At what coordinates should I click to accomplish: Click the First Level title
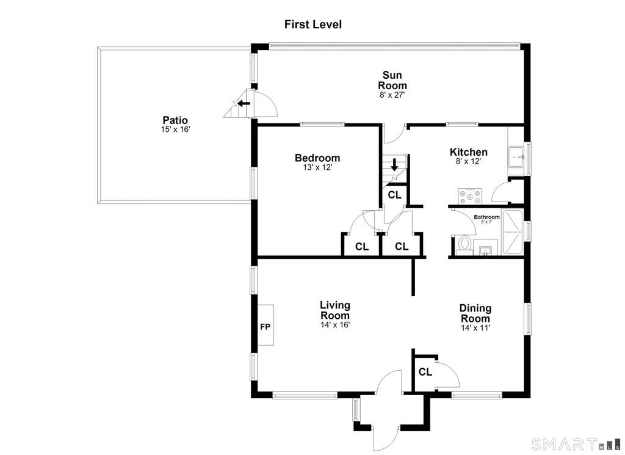[313, 24]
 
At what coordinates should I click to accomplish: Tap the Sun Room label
[392, 80]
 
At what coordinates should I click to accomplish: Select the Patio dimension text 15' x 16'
[175, 129]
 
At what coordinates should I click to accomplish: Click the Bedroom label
[317, 158]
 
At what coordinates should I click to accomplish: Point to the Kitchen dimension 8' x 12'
[468, 161]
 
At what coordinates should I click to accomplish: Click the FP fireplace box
[266, 325]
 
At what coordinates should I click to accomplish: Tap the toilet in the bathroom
[464, 246]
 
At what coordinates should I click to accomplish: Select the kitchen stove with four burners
[470, 196]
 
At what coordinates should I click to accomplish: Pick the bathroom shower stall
[513, 232]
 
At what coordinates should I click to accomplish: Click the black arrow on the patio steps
[244, 104]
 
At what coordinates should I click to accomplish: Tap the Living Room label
[335, 310]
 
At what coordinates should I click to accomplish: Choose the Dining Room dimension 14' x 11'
[475, 328]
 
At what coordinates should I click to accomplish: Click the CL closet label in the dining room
[425, 372]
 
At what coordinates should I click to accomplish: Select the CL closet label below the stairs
[395, 195]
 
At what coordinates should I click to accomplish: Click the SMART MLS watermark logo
[576, 444]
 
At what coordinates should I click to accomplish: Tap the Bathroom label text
[486, 217]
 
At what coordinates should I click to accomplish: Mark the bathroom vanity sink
[485, 247]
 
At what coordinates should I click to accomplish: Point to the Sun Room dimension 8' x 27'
[392, 95]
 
